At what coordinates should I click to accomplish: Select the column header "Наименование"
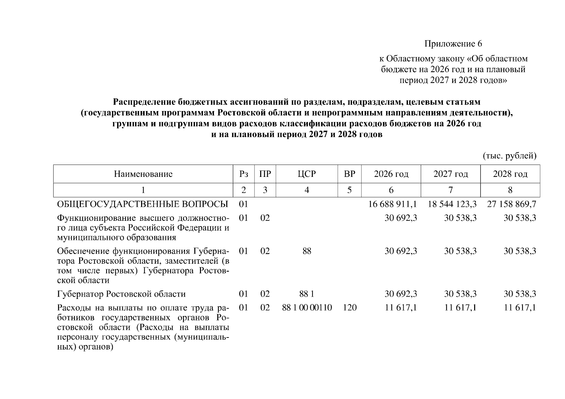[x=143, y=174]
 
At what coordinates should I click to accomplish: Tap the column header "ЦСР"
[x=307, y=174]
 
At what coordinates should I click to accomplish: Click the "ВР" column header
[x=349, y=174]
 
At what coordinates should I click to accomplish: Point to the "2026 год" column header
[x=391, y=174]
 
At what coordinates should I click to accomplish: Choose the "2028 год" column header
[x=510, y=174]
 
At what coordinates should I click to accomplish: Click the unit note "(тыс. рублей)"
[x=509, y=156]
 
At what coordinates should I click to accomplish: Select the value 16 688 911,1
[x=393, y=204]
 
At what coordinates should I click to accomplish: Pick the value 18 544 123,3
[x=452, y=204]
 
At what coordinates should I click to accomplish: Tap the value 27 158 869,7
[x=512, y=204]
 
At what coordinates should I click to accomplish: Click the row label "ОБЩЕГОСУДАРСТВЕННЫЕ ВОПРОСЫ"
[x=143, y=204]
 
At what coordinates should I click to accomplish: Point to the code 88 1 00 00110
[x=307, y=308]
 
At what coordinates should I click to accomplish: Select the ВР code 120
[x=349, y=308]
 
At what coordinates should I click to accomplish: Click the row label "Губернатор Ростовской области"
[x=121, y=294]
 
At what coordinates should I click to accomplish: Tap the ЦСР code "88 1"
[x=307, y=294]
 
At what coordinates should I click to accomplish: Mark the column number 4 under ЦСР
[x=307, y=190]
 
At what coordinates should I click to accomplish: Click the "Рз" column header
[x=244, y=174]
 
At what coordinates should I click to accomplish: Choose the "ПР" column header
[x=265, y=174]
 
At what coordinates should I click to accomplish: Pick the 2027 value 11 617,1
[x=461, y=308]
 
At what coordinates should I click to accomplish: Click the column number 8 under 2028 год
[x=510, y=190]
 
